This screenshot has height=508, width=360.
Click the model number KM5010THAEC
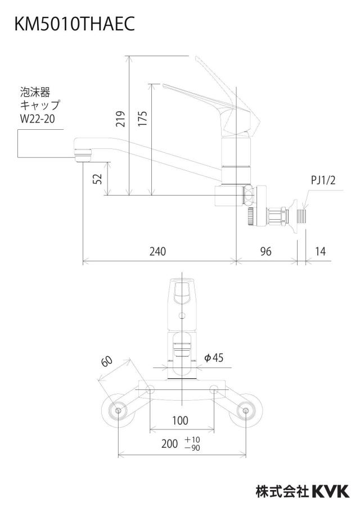tap(75, 24)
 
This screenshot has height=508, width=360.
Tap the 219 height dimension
tap(120, 119)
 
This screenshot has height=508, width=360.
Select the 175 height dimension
tap(142, 119)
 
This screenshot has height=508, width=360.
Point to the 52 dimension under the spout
tap(97, 179)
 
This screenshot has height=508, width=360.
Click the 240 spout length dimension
tap(157, 251)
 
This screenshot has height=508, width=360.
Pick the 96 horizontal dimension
tap(265, 251)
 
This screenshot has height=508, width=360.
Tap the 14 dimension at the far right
tap(320, 251)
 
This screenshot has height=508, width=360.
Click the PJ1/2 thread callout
tap(323, 180)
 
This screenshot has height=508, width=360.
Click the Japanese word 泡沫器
tap(35, 92)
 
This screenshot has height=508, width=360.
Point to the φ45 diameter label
tap(213, 357)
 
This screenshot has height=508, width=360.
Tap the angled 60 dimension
tap(107, 361)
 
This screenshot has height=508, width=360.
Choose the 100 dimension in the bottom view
tap(180, 420)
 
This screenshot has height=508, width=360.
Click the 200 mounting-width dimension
tap(170, 443)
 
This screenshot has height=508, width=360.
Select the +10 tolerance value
tap(192, 439)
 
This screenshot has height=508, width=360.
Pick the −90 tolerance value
tap(192, 448)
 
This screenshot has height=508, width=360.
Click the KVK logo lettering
tap(331, 491)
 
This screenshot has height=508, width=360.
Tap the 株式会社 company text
tap(282, 491)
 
